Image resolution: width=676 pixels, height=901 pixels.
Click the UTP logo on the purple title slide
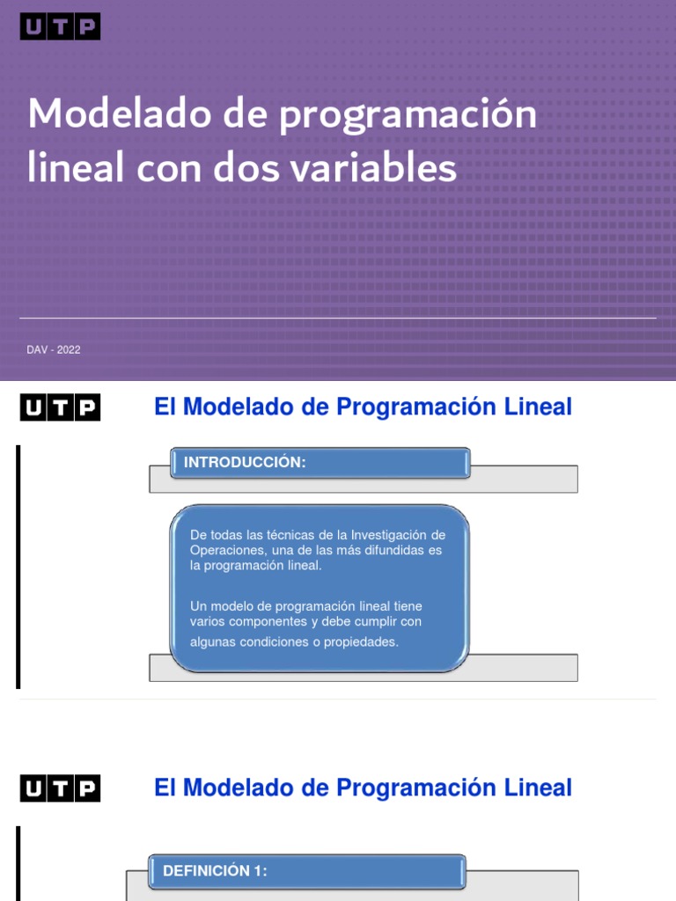click(x=60, y=27)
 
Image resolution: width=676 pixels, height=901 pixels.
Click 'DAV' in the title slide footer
click(x=37, y=350)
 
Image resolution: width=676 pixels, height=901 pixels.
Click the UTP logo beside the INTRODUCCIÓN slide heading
click(x=60, y=407)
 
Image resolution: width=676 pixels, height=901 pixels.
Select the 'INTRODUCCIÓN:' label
click(x=244, y=463)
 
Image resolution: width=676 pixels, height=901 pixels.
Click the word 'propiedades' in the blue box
click(x=360, y=642)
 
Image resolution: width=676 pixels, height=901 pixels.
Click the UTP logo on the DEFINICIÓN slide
click(x=60, y=788)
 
